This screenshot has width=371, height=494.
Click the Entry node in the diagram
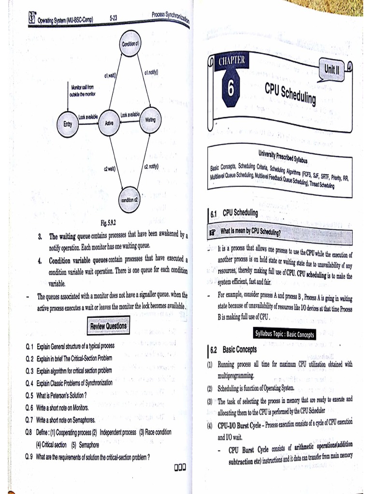[x=68, y=123]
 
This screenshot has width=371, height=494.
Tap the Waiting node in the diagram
[x=150, y=119]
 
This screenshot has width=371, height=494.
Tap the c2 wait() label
[x=109, y=168]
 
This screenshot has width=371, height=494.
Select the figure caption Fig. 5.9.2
[x=109, y=223]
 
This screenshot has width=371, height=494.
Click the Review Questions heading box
[x=108, y=326]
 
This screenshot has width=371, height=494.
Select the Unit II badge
[x=332, y=69]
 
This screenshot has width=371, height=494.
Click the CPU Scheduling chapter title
[x=290, y=93]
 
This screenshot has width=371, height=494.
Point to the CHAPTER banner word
[x=232, y=61]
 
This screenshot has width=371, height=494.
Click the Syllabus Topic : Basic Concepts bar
[x=284, y=334]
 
